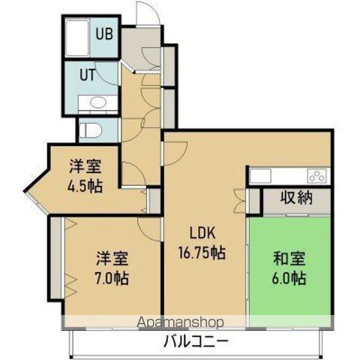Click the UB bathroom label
[103, 33]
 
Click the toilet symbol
[88, 128]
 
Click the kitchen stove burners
[316, 176]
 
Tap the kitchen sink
[260, 175]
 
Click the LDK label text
[202, 234]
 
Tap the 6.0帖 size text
[289, 279]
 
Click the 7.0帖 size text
[111, 279]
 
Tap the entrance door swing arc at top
[147, 14]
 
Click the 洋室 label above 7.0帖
[111, 260]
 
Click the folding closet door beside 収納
[240, 199]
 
